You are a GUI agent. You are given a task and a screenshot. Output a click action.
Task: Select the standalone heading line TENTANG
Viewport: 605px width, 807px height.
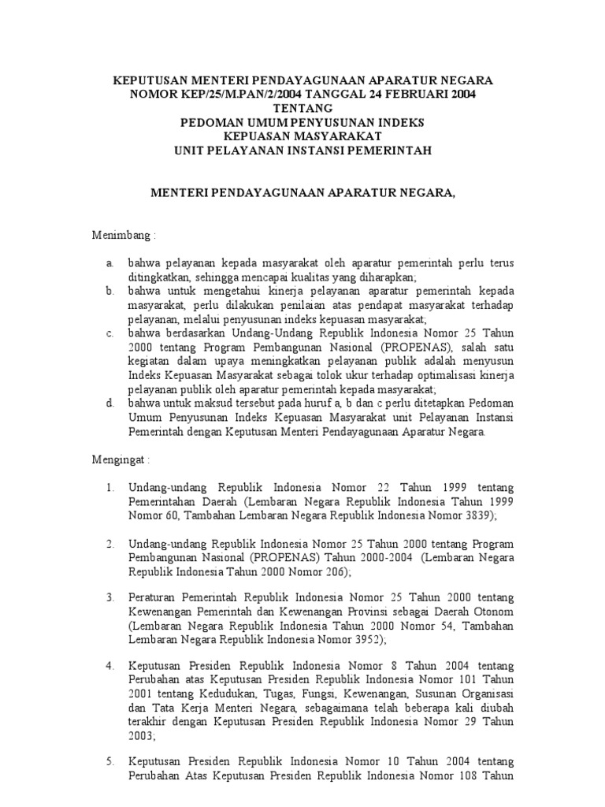tap(302, 109)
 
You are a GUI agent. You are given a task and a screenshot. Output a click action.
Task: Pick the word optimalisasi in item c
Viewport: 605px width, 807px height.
tap(445, 375)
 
